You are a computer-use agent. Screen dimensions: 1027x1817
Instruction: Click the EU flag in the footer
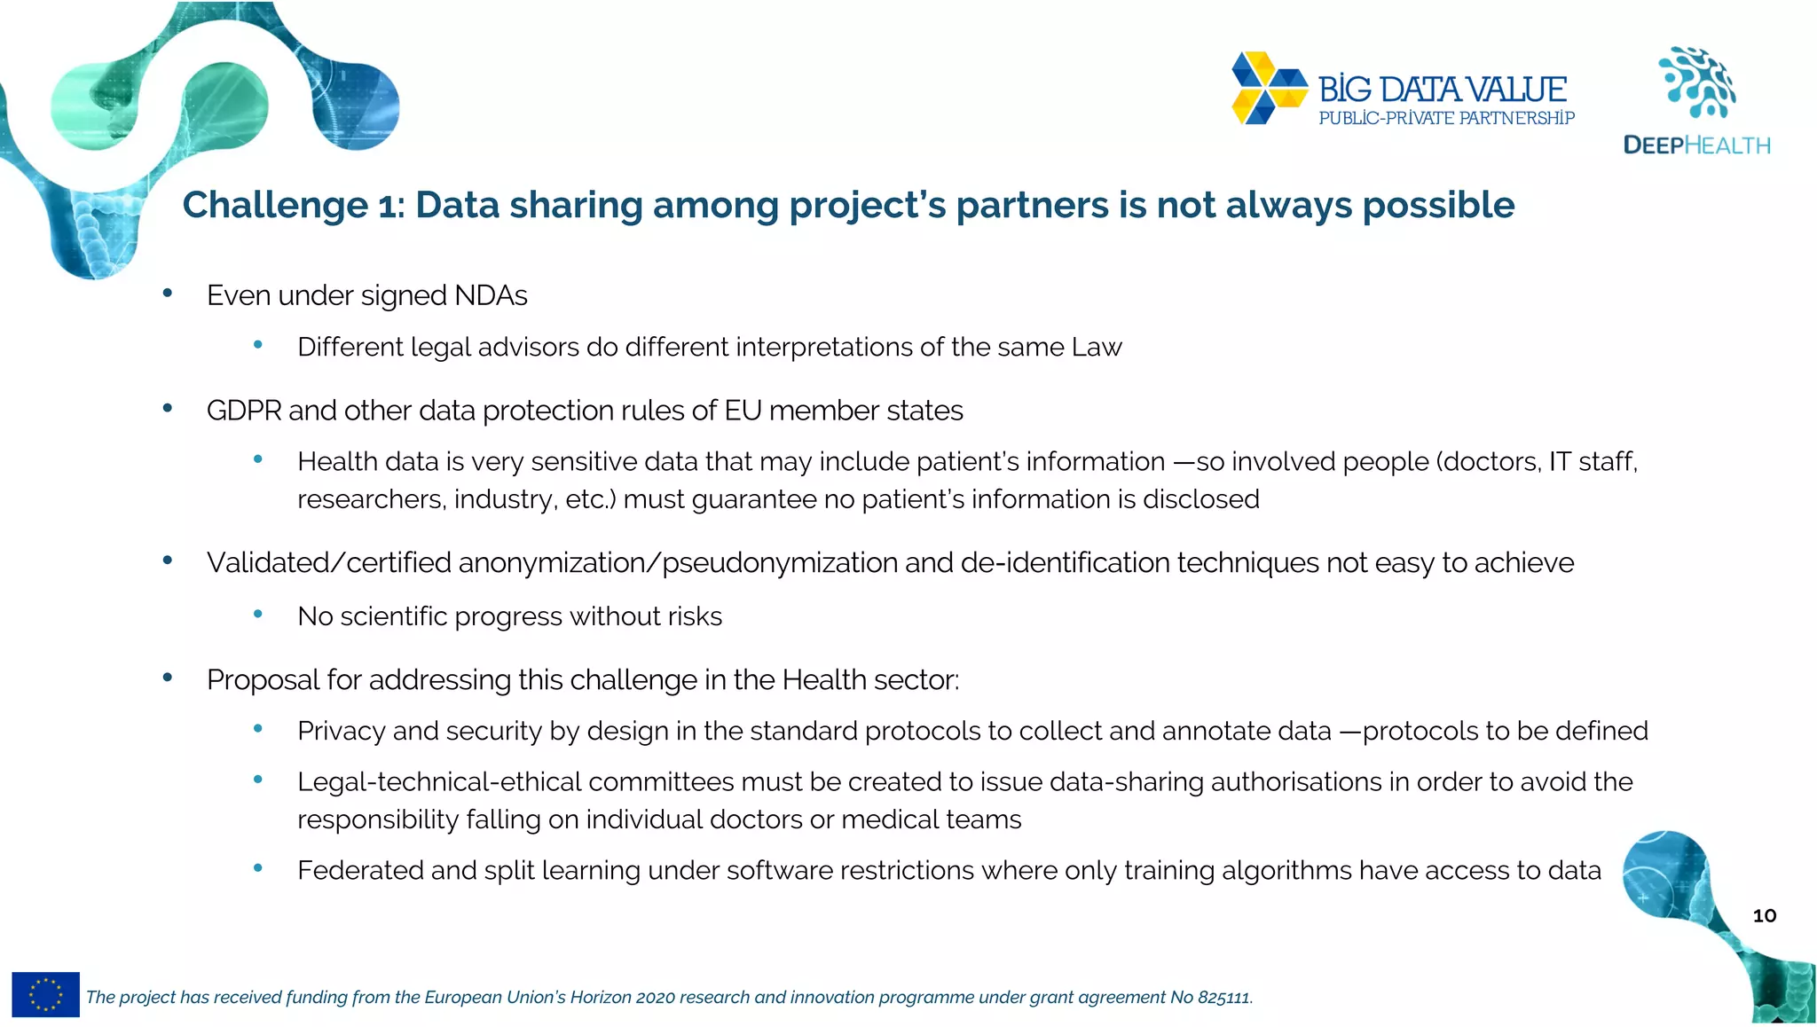point(45,994)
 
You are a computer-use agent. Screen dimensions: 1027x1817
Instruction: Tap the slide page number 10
point(1764,916)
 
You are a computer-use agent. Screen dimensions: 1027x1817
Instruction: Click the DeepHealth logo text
point(1696,145)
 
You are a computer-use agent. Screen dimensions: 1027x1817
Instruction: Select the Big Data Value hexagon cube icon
point(1269,88)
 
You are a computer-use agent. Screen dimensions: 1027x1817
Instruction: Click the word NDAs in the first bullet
point(491,295)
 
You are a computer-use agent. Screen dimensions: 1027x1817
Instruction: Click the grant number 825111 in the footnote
point(1223,998)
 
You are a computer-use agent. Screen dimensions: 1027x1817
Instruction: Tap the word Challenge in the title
point(275,205)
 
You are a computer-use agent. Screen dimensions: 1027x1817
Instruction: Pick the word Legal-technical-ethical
point(439,782)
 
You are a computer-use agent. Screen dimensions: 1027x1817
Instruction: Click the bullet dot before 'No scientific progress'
point(258,614)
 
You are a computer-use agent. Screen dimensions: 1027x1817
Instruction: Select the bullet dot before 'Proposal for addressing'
point(168,678)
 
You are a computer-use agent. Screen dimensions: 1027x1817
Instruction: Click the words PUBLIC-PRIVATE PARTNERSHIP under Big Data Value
point(1446,118)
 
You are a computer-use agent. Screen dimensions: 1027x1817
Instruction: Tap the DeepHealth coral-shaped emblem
point(1698,82)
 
